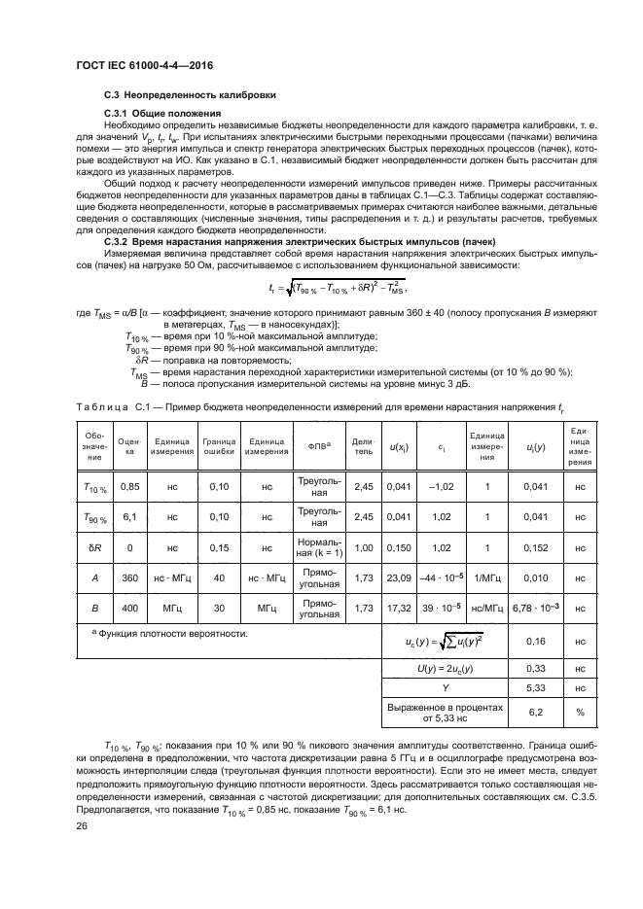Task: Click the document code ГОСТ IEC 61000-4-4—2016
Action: click(x=144, y=66)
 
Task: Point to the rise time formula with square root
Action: click(x=337, y=288)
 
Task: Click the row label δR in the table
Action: click(x=94, y=547)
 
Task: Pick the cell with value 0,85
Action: click(x=128, y=486)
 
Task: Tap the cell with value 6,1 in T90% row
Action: click(x=128, y=517)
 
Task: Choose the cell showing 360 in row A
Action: click(x=128, y=577)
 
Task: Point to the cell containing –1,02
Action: click(x=442, y=486)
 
